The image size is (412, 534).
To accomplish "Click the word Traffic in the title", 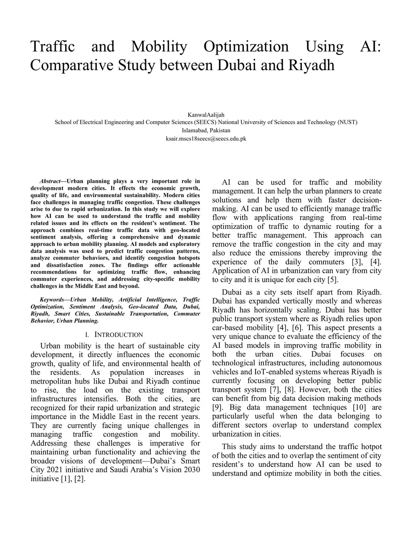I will (x=52, y=47).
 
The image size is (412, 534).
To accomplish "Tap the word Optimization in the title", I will (x=246, y=47).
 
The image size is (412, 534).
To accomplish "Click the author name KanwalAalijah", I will (x=206, y=115).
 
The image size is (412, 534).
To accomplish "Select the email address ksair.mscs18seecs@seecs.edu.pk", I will (x=206, y=138).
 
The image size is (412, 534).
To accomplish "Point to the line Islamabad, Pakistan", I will (x=206, y=130).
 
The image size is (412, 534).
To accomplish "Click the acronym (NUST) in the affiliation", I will (x=347, y=122).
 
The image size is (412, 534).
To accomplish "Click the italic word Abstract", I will (x=49, y=181).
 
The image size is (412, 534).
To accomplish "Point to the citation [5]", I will (x=332, y=280).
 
